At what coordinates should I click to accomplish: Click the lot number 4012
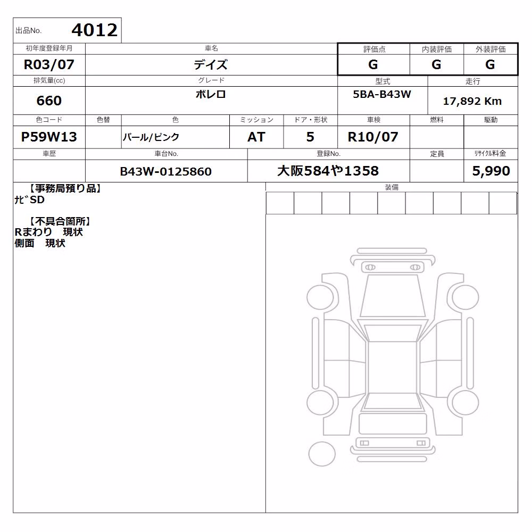coord(94,30)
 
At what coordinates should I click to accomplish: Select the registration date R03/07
coord(49,64)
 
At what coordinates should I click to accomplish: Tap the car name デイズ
coord(211,64)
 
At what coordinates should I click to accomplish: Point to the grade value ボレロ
coord(211,94)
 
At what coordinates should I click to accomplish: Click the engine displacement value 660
coord(49,101)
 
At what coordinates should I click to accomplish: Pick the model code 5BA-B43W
coord(382,94)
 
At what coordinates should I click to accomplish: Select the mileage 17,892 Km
coord(472,101)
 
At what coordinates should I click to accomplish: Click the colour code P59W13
coord(49,137)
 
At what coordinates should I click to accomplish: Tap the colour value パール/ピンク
coord(151,137)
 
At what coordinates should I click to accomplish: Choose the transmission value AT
coord(256,137)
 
